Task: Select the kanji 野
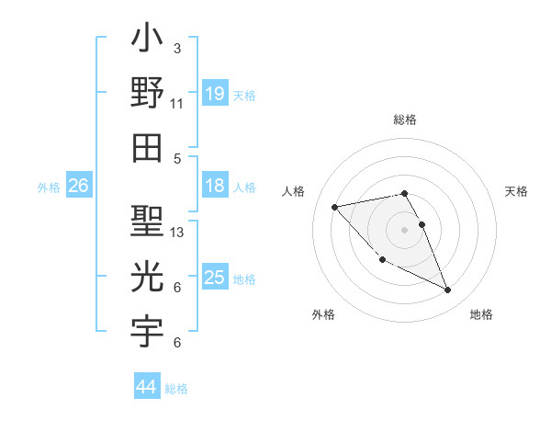147,93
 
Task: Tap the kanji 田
147,148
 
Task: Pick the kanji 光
147,277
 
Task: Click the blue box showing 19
214,93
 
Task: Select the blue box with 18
214,186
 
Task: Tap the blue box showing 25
214,278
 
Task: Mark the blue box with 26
78,186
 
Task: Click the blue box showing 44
146,387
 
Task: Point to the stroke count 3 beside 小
176,48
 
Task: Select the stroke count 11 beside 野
176,103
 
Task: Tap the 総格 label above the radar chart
405,119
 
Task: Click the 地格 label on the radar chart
481,315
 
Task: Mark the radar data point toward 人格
334,206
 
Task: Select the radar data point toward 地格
448,290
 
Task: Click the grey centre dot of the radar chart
405,229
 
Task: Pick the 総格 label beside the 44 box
176,389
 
